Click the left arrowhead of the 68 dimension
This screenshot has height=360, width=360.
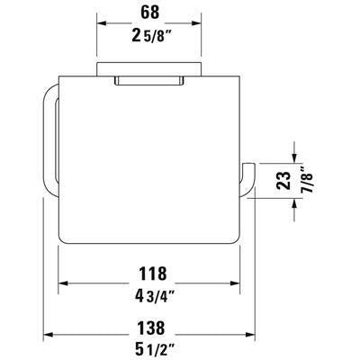(x=101, y=23)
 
